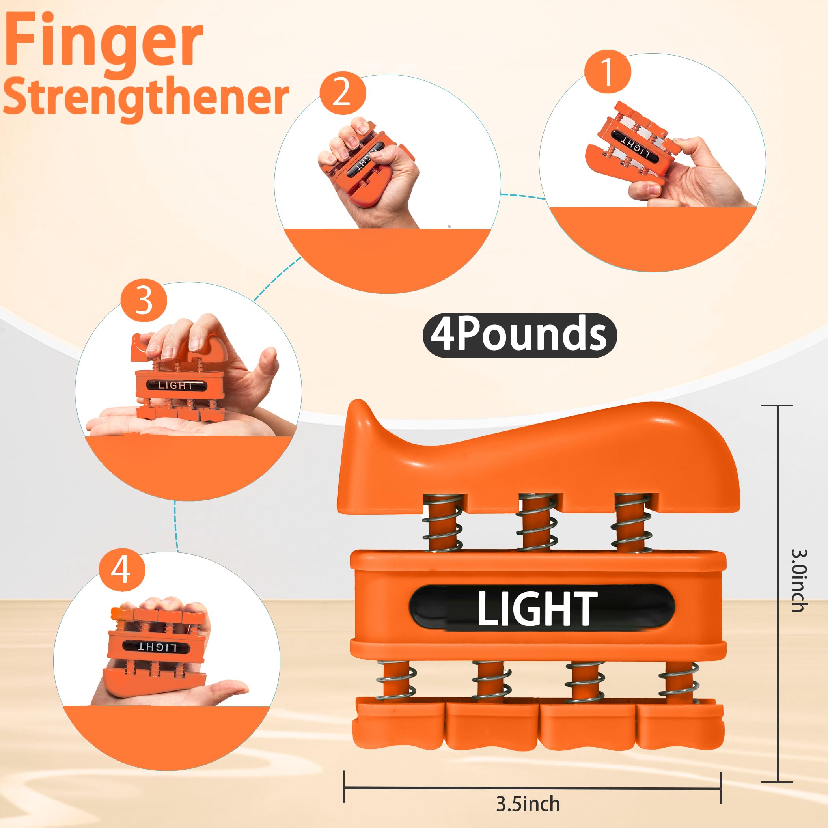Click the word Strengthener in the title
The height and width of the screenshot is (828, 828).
pyautogui.click(x=146, y=98)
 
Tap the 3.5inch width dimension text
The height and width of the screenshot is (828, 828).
pyautogui.click(x=528, y=804)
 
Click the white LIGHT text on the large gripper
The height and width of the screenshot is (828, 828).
pyautogui.click(x=537, y=608)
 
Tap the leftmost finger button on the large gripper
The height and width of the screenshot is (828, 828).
pyautogui.click(x=398, y=724)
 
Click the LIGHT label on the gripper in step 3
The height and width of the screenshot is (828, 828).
pyautogui.click(x=176, y=385)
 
